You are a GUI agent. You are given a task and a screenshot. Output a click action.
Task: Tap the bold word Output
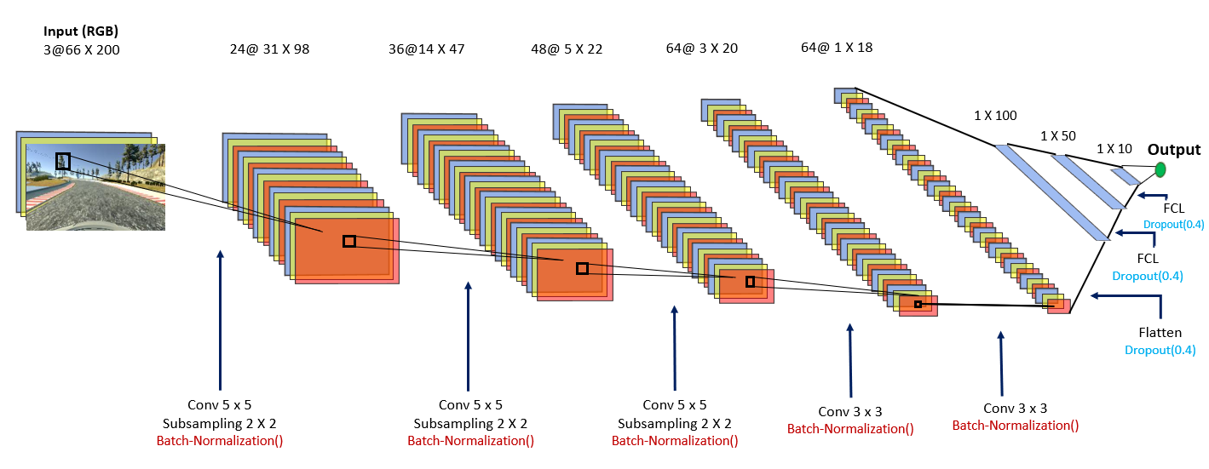[x=1173, y=149]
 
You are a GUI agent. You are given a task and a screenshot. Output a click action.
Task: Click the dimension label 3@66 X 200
[x=82, y=50]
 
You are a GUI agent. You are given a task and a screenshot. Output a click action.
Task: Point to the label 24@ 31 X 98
[x=269, y=49]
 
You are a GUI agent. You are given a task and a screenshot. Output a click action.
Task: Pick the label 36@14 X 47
[x=426, y=49]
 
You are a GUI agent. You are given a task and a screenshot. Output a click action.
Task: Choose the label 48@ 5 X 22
[x=566, y=49]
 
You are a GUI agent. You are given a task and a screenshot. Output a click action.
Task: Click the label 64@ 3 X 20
[x=701, y=49]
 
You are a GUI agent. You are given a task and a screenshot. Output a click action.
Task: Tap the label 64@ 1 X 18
[x=837, y=47]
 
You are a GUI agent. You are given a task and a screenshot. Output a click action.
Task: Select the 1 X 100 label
[x=995, y=116]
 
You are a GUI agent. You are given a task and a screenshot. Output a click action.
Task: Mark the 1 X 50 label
[x=1057, y=135]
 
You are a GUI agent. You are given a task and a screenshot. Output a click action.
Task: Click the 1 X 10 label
[x=1114, y=148]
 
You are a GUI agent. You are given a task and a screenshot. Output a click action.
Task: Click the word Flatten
[x=1160, y=333]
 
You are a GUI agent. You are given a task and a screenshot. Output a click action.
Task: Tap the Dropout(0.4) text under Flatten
[x=1160, y=350]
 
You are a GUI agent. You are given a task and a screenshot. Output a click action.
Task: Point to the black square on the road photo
[x=63, y=161]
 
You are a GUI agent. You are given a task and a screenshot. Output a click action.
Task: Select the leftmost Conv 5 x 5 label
[x=220, y=405]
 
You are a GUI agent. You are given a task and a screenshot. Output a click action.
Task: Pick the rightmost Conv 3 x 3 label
[x=1015, y=409]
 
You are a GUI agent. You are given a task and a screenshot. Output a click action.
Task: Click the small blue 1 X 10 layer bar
[x=1125, y=176]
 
